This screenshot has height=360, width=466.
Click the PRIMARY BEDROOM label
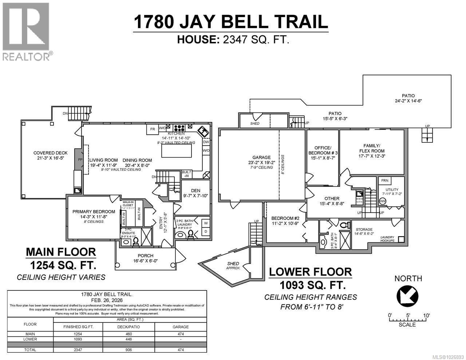[x=91, y=211]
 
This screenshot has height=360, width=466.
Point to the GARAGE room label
[x=262, y=158]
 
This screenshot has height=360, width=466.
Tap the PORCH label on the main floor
[x=145, y=256]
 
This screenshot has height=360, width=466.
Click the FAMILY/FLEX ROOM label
[x=372, y=148]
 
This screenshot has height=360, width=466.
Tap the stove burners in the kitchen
[x=179, y=128]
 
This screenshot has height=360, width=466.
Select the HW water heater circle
[x=382, y=201]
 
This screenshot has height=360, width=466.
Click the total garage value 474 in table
[x=181, y=350]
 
